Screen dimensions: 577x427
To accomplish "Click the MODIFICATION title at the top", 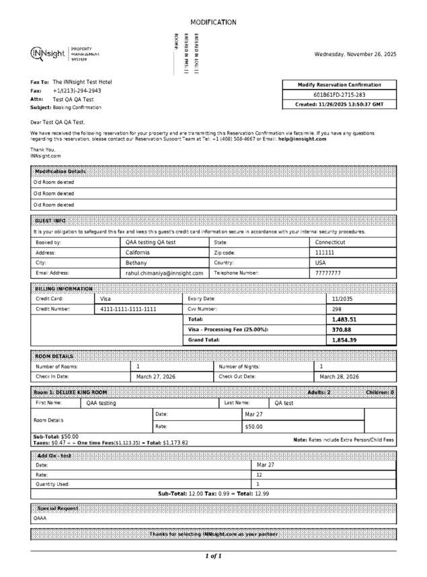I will (x=213, y=22).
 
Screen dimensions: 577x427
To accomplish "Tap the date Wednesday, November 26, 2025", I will (x=355, y=54).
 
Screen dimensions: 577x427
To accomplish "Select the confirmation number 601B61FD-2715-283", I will (x=340, y=95).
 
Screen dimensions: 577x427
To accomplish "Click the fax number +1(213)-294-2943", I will (x=77, y=90).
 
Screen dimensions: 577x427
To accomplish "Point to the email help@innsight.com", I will (x=302, y=139).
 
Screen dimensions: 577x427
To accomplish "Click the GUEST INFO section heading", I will (x=50, y=221).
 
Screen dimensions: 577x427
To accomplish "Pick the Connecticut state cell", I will (x=330, y=242).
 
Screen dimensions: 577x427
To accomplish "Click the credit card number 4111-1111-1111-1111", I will (x=128, y=309).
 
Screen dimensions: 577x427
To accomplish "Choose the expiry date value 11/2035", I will (x=342, y=298).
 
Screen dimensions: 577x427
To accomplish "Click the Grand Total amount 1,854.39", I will (x=344, y=340).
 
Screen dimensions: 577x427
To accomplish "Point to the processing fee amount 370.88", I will (x=342, y=330).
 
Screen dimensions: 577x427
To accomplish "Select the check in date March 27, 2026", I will (x=155, y=377).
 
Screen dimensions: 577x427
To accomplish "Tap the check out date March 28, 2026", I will (x=339, y=377).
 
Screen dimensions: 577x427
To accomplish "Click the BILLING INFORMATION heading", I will (x=63, y=288).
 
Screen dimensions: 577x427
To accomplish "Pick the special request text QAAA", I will (x=40, y=518).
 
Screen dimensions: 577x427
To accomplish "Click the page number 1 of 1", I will (x=213, y=556).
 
